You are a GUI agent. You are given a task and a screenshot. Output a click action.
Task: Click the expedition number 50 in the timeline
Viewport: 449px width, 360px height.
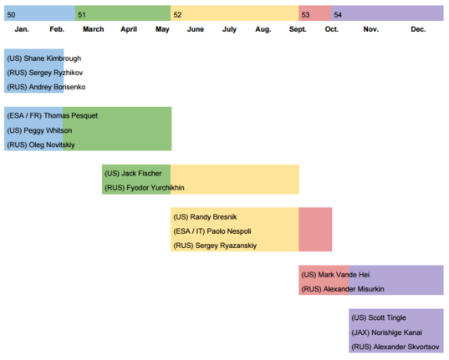[x=11, y=15]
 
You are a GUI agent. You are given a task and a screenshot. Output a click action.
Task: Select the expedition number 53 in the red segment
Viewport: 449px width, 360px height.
[x=305, y=15]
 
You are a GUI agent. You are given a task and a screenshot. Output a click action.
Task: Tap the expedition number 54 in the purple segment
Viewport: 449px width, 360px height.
[x=338, y=15]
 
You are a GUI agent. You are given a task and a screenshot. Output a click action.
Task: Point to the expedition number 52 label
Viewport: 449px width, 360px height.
[x=177, y=15]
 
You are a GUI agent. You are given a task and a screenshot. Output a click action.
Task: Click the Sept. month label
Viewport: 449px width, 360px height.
[x=298, y=29]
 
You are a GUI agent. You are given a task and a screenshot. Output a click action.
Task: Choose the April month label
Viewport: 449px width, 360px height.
[x=129, y=29]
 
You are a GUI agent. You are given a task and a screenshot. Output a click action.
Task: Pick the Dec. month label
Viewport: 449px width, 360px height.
[x=418, y=29]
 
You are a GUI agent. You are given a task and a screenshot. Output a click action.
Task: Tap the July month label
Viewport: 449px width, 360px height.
[x=229, y=29]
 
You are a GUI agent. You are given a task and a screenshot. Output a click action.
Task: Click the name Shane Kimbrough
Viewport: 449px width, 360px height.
[x=53, y=58]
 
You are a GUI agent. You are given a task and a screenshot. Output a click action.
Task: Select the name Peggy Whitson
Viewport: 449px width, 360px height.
[x=48, y=130]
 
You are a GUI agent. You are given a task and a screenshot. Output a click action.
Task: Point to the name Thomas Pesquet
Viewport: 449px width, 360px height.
[x=71, y=115]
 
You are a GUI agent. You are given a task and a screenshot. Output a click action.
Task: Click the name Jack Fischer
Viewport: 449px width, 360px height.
[x=141, y=174]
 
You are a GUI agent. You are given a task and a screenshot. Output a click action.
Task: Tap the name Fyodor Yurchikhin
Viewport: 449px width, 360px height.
[x=156, y=188]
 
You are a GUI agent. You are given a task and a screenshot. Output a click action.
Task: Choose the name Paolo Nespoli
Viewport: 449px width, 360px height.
[x=229, y=231]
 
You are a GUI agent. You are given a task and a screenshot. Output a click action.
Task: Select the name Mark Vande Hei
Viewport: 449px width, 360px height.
[x=344, y=275]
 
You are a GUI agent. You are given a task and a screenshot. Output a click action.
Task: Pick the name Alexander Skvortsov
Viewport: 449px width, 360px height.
[x=406, y=347]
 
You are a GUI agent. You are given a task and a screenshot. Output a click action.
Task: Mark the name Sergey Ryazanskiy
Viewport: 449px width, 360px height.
[x=226, y=246]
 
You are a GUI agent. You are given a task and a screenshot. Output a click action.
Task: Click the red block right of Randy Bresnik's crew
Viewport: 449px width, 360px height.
[x=315, y=230]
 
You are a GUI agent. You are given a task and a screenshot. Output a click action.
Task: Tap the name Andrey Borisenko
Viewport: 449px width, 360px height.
[x=57, y=87]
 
